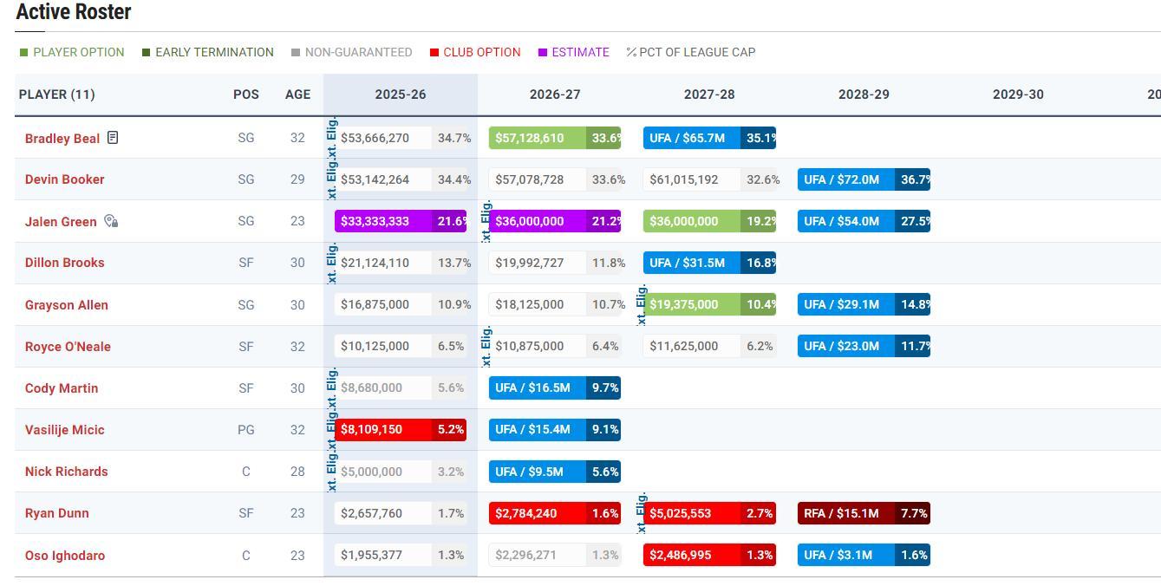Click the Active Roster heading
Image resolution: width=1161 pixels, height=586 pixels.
point(74,12)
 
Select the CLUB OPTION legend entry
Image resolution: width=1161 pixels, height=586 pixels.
point(475,52)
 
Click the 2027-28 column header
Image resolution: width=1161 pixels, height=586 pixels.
point(708,94)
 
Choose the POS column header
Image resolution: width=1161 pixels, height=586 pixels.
point(246,94)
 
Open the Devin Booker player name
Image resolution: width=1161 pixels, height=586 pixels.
point(65,179)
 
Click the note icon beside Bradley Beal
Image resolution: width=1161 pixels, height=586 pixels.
point(113,138)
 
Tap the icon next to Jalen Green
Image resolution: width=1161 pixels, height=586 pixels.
point(111,221)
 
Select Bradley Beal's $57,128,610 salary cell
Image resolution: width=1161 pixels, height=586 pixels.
point(538,138)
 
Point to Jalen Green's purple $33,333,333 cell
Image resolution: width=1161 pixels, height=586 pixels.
point(383,221)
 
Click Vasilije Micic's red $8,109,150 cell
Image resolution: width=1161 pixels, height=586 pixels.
point(383,429)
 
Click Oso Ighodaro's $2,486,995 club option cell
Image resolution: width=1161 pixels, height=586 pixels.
point(692,555)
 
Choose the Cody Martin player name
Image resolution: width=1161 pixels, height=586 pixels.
point(62,388)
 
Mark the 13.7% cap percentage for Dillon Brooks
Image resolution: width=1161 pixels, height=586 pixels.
point(454,263)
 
